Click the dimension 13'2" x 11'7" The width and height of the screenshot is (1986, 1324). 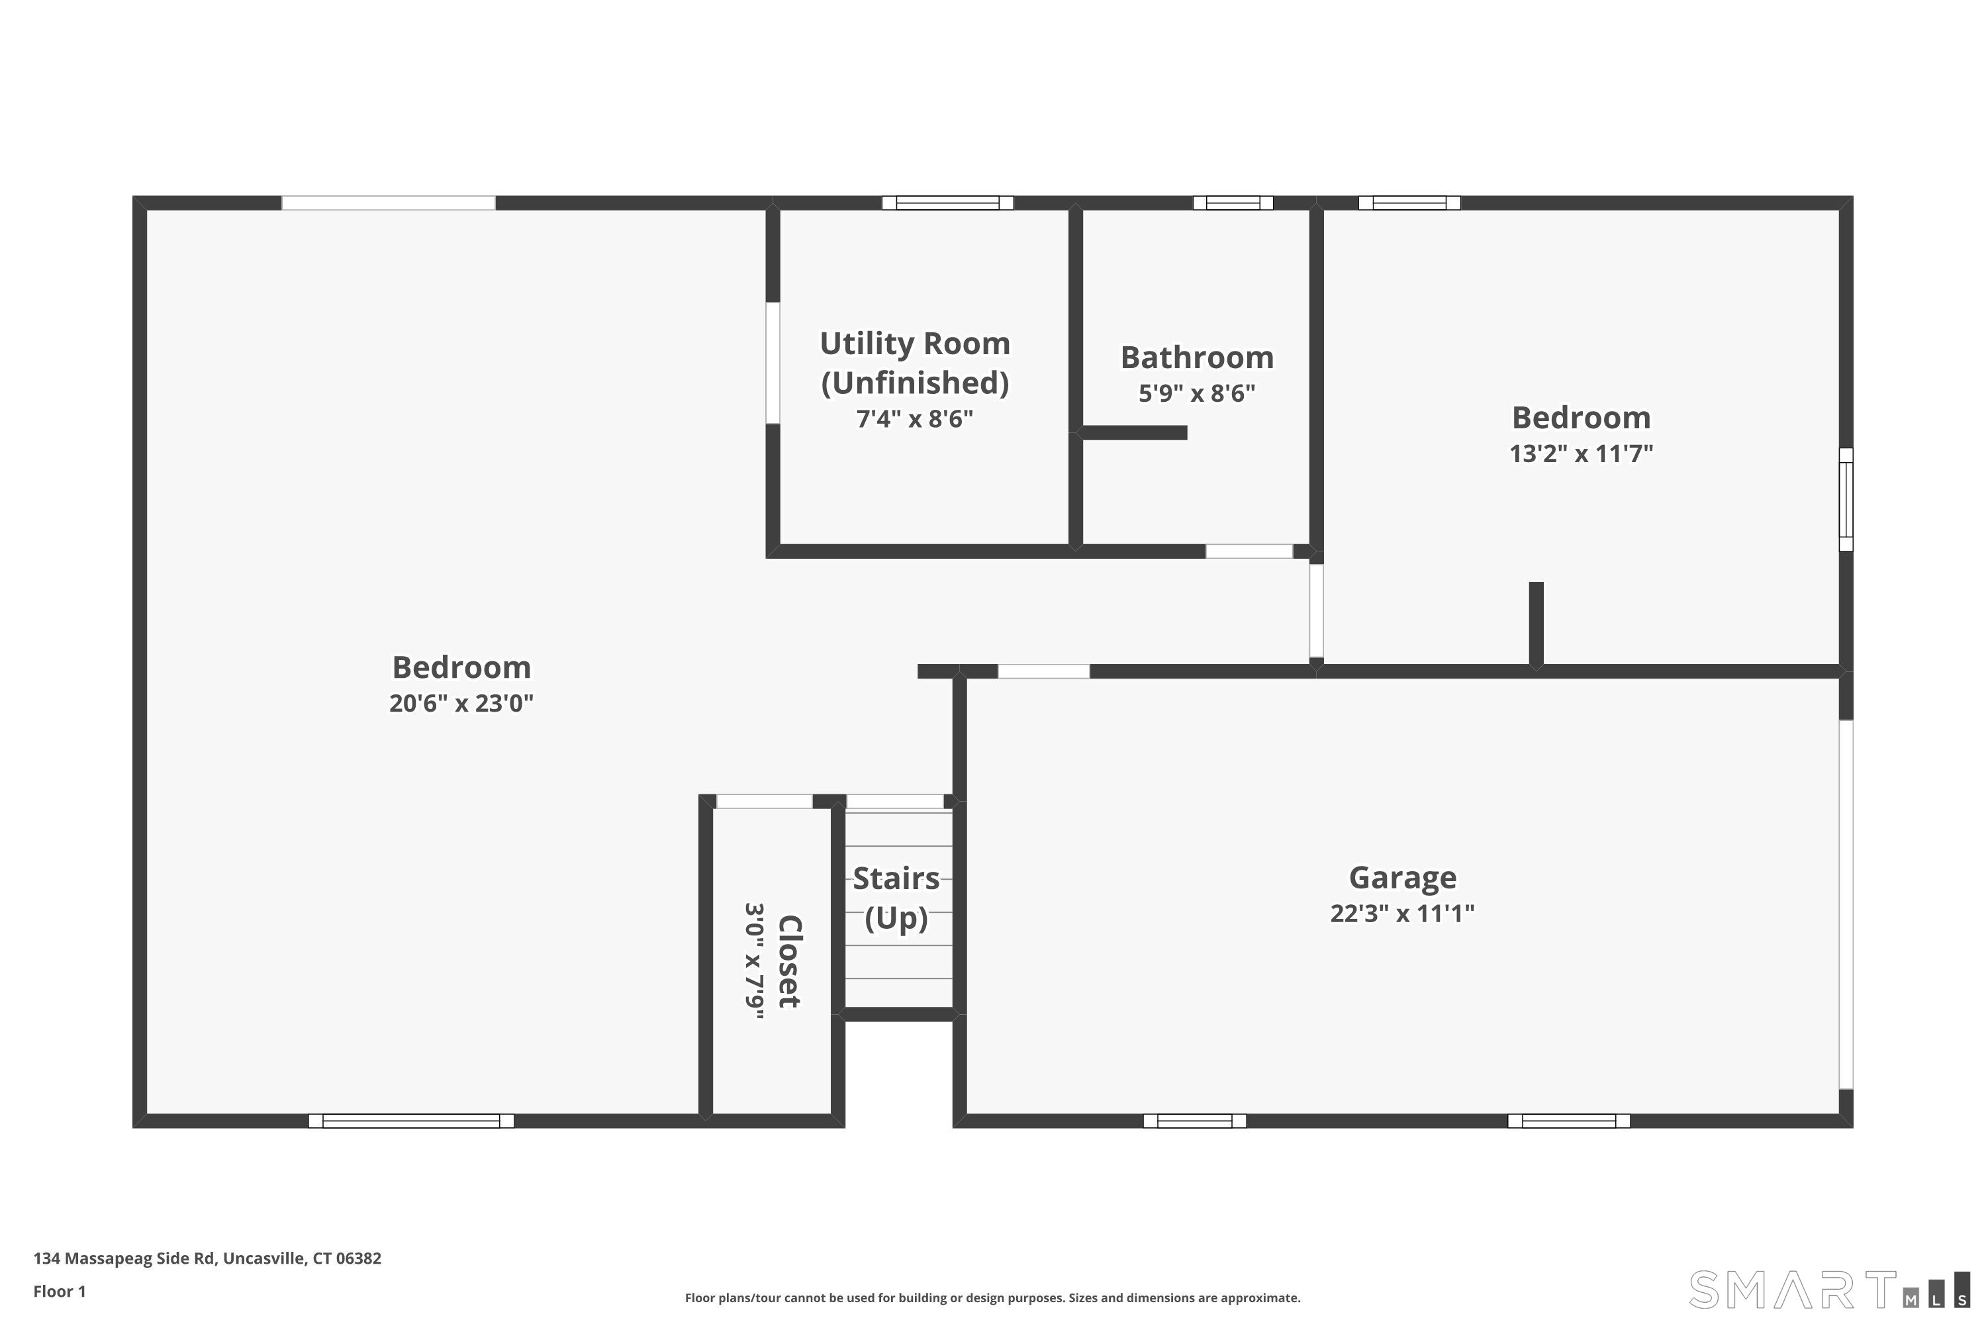[x=1581, y=454]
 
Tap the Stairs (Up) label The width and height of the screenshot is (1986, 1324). [x=896, y=898]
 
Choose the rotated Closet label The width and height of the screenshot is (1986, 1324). [x=788, y=961]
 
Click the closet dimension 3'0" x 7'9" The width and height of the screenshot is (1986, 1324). [x=754, y=961]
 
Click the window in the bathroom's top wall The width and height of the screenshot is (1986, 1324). [x=1232, y=203]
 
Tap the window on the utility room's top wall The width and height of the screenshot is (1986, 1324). [x=947, y=203]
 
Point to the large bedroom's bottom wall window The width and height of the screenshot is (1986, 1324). [x=410, y=1121]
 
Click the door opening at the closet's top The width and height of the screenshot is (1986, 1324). [x=764, y=801]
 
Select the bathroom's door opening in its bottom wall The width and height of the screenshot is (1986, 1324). [x=1248, y=551]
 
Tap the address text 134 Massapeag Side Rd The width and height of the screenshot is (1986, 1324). [x=207, y=1258]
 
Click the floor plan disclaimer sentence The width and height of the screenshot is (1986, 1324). [x=992, y=1298]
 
